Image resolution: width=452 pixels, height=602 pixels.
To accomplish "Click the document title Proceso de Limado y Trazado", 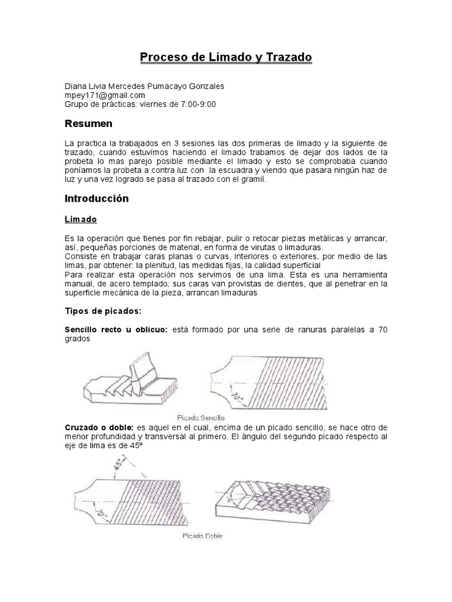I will pos(225,57).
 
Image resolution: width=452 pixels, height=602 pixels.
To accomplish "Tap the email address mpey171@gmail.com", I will pos(104,95).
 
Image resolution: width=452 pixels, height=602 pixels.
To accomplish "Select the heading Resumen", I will pos(88,124).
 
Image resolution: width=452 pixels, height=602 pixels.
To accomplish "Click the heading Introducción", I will pos(97,199).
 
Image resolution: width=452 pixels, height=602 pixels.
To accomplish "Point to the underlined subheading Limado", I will pos(81,219).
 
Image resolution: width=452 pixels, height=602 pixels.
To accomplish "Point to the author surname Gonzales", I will pos(203,86).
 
